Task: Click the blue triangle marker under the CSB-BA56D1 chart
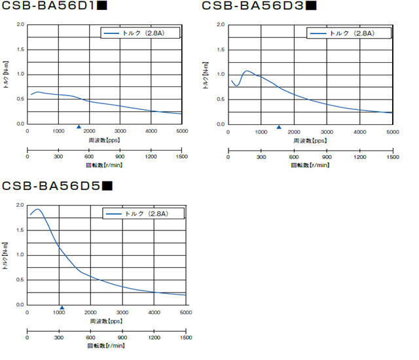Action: point(79,127)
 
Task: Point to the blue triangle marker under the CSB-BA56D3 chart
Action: point(279,128)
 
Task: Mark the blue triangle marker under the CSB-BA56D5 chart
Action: point(62,308)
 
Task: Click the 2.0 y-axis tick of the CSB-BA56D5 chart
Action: point(19,205)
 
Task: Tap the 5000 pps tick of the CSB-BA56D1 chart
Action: point(182,132)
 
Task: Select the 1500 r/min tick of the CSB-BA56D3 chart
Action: point(392,157)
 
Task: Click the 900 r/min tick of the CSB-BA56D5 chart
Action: point(122,338)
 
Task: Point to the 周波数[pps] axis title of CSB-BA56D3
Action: point(310,140)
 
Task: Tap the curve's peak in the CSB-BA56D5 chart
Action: point(37,209)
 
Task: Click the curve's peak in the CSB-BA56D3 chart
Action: point(247,71)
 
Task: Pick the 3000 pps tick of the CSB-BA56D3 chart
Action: point(327,132)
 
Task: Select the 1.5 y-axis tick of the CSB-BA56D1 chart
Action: point(19,49)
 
